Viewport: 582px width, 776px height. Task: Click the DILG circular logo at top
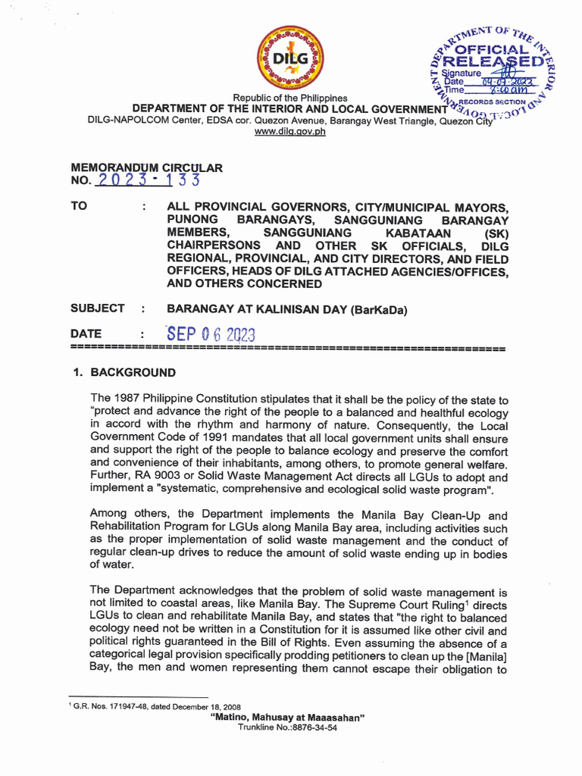pyautogui.click(x=290, y=58)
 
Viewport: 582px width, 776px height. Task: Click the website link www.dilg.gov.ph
pyautogui.click(x=290, y=131)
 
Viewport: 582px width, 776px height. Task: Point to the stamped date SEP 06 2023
pyautogui.click(x=211, y=335)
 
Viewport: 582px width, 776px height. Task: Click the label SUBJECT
pyautogui.click(x=97, y=308)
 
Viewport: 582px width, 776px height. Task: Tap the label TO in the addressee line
pyautogui.click(x=79, y=207)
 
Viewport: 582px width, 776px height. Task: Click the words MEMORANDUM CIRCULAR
pyautogui.click(x=146, y=167)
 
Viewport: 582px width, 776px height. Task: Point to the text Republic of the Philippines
pyautogui.click(x=290, y=98)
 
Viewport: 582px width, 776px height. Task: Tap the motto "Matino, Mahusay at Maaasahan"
pyautogui.click(x=290, y=717)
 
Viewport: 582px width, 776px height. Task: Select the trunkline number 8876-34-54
pyautogui.click(x=312, y=727)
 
